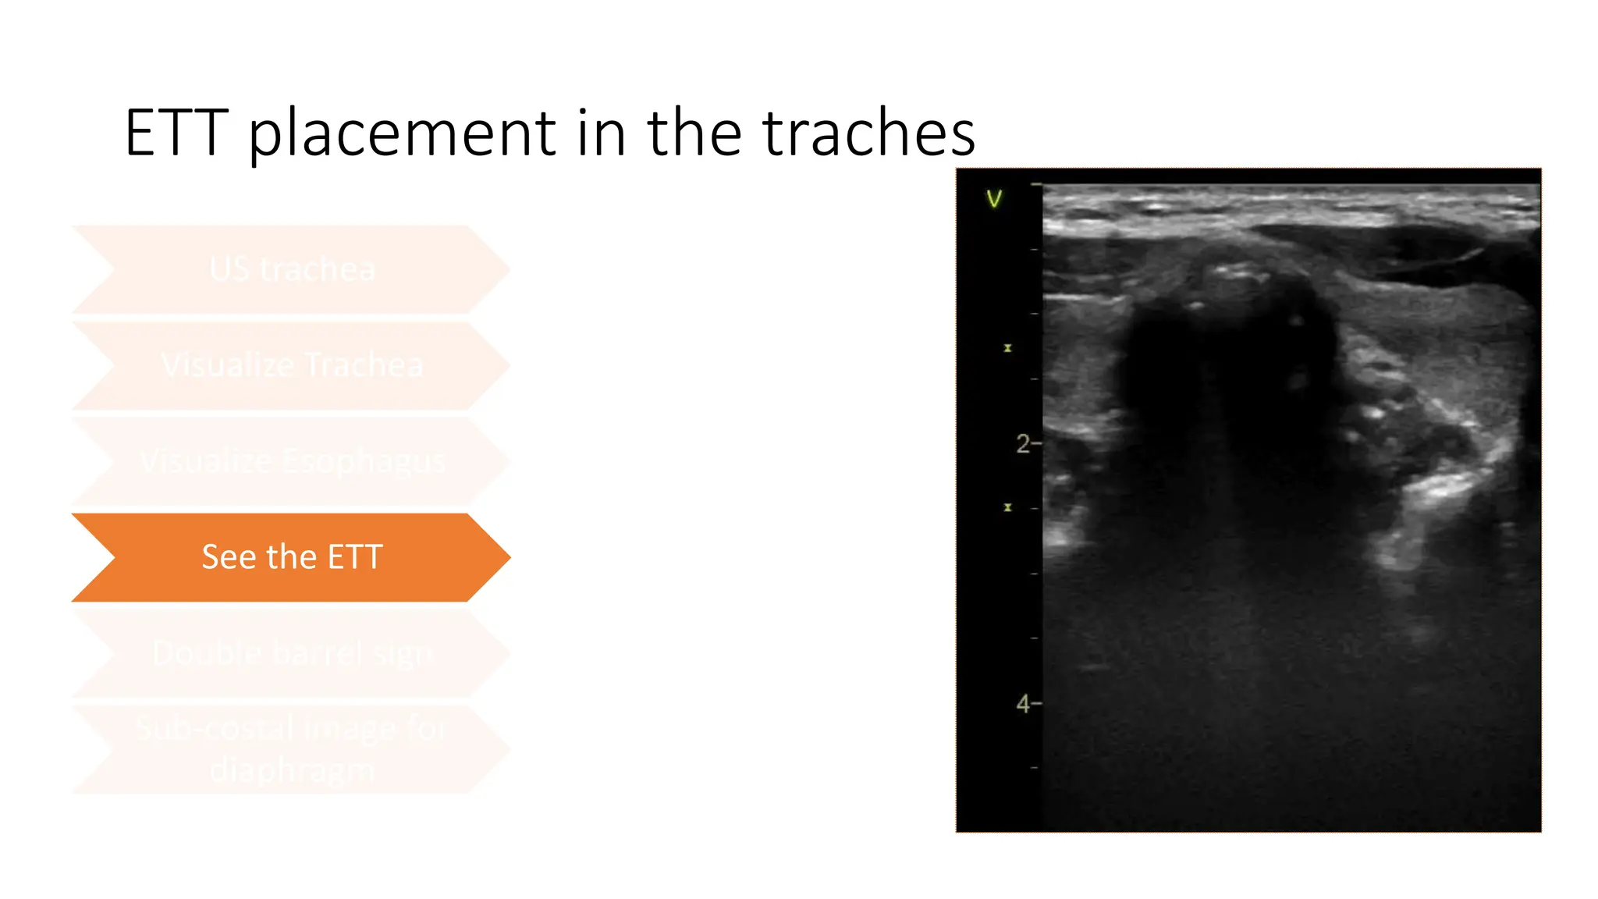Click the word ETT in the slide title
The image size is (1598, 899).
point(176,133)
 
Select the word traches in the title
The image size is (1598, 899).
point(868,133)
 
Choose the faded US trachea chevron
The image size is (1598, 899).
point(292,270)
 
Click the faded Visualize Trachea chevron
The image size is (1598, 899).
point(292,365)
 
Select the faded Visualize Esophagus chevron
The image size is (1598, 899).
point(292,461)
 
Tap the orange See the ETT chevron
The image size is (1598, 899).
point(292,557)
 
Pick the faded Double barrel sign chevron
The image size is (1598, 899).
point(292,653)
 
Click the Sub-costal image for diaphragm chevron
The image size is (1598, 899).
point(292,749)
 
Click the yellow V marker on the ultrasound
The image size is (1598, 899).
point(993,200)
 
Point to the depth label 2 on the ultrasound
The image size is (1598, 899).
point(1023,444)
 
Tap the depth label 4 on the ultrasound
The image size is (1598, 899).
point(1023,704)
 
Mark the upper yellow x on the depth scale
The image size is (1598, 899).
point(1007,348)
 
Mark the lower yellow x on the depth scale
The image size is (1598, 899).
point(1007,507)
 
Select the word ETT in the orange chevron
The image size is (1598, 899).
point(355,557)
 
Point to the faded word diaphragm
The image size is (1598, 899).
point(292,770)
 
